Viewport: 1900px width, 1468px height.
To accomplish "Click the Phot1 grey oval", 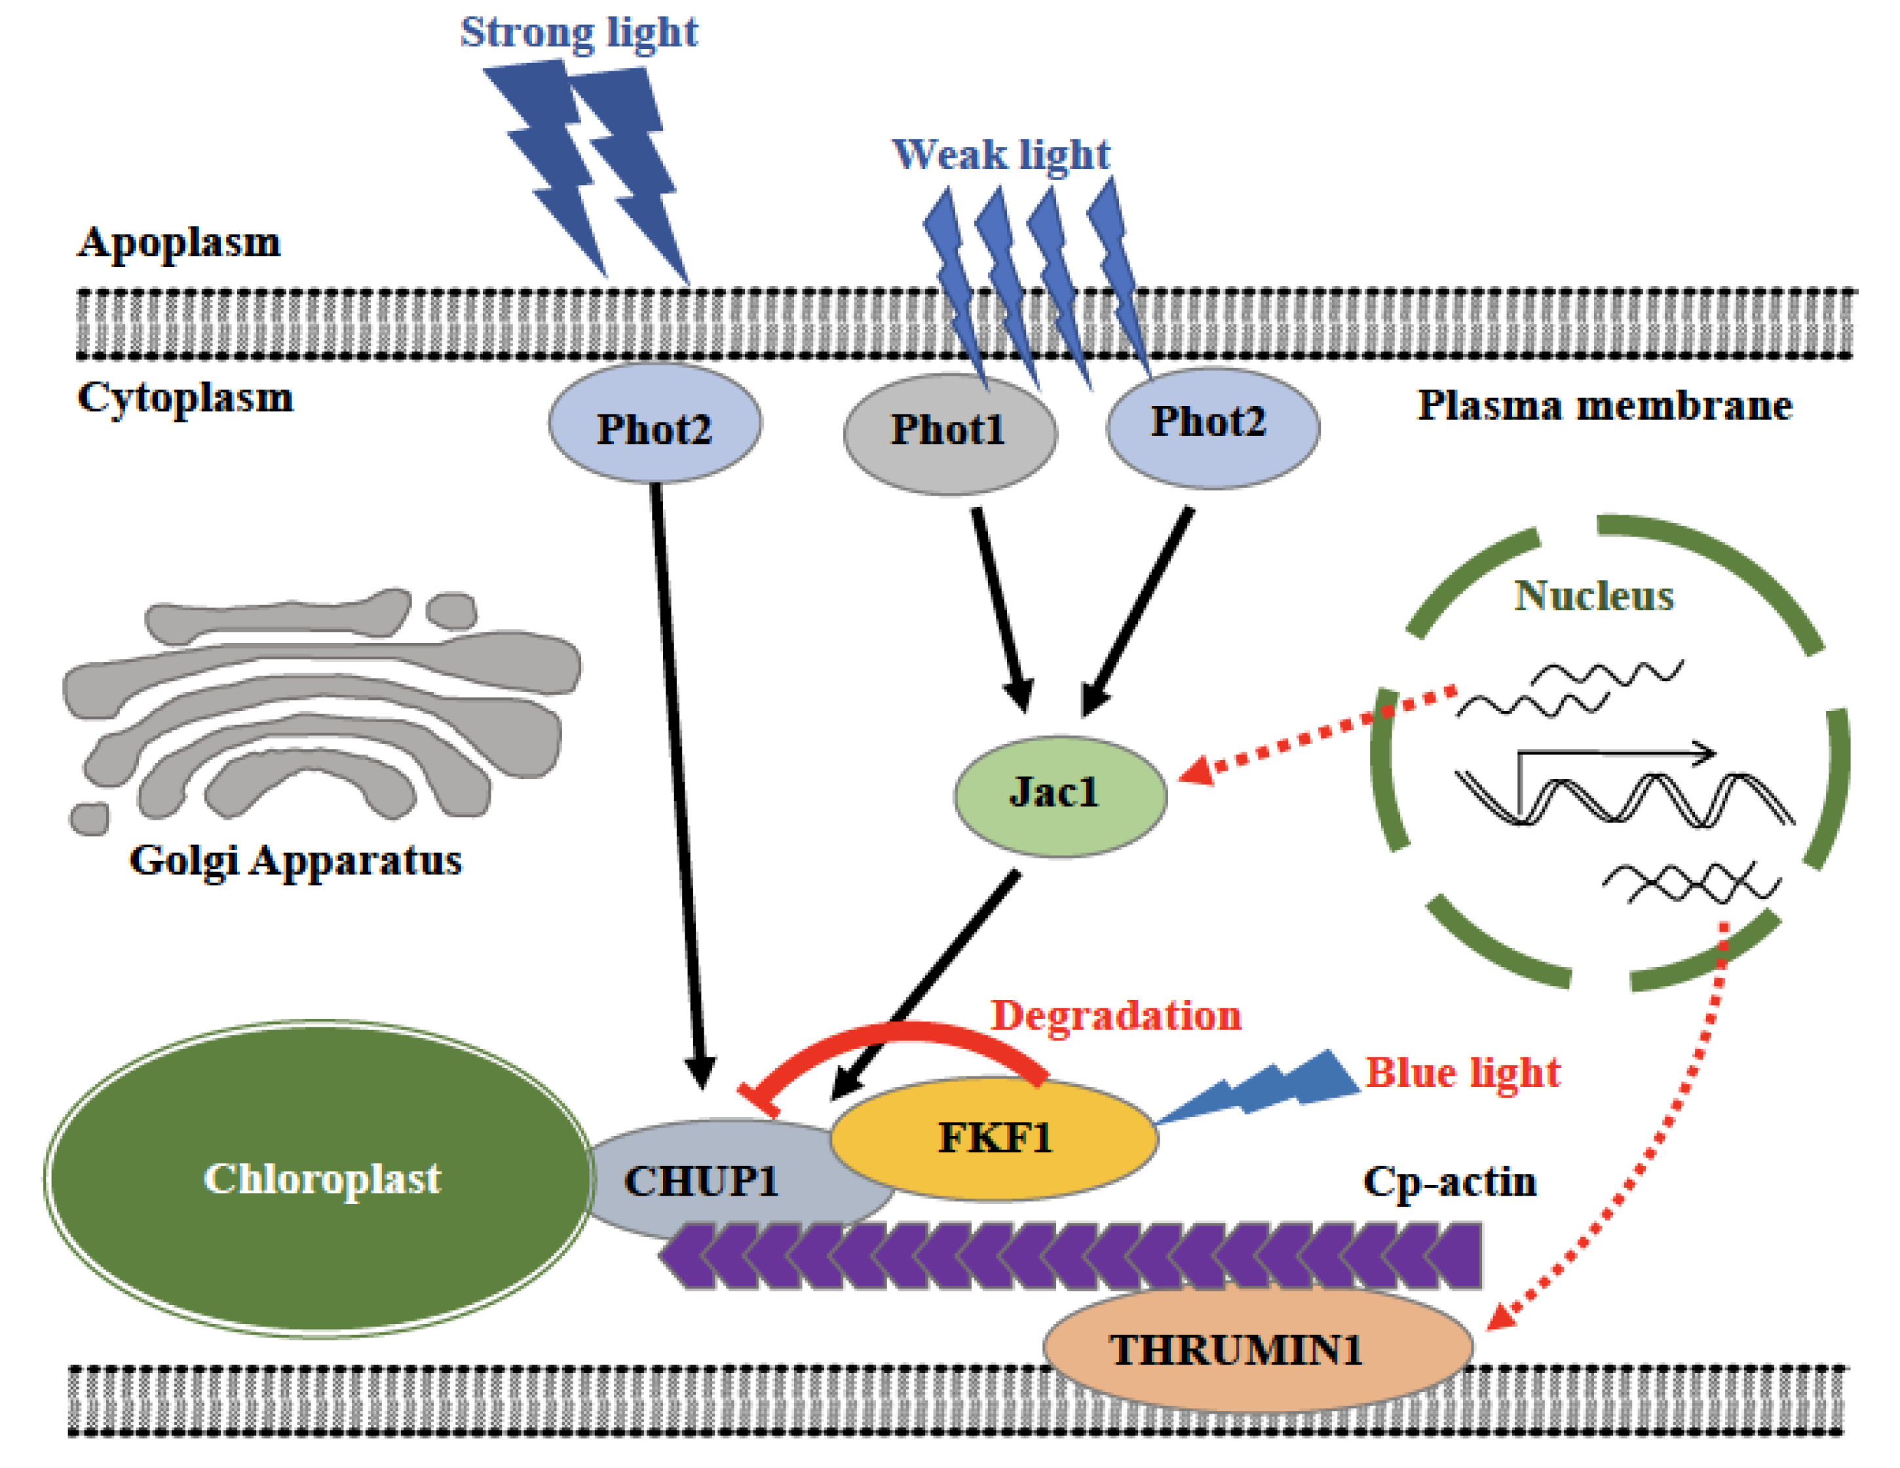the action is click(950, 434).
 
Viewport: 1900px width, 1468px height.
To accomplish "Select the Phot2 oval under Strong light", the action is click(655, 424).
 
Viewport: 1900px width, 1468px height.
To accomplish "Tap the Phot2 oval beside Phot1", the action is click(1213, 427).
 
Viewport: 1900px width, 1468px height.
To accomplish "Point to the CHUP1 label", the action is click(701, 1181).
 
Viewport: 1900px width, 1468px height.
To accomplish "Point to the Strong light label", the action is click(579, 33).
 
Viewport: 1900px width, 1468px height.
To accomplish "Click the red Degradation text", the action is click(1116, 1016).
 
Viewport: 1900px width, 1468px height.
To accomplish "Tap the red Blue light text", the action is click(1463, 1073).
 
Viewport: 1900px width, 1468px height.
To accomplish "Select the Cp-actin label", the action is click(1449, 1182).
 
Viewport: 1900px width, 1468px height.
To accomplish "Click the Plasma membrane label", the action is click(1605, 405).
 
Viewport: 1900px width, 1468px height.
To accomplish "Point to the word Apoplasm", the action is click(180, 243).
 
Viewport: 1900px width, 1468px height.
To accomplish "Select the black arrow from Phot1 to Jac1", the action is click(1002, 610).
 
